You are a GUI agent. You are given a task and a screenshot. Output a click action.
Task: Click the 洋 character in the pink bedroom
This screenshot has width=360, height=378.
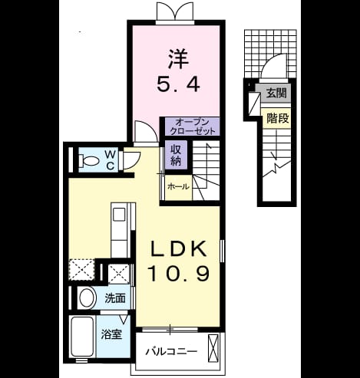click(178, 58)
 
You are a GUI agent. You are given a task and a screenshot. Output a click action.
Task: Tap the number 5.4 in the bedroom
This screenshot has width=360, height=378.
click(178, 84)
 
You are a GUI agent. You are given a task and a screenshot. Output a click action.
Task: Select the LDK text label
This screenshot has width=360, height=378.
click(179, 248)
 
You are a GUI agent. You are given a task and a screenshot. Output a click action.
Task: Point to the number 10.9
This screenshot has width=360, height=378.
click(179, 273)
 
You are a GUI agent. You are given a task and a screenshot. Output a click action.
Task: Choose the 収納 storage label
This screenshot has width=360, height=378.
click(176, 155)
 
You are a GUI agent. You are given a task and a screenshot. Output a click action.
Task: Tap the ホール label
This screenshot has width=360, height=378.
click(178, 187)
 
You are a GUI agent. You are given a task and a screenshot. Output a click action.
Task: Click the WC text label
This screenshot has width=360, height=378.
click(110, 160)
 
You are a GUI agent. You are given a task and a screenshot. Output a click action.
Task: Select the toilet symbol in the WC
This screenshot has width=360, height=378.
click(89, 161)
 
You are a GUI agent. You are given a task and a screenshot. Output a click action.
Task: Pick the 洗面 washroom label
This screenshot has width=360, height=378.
click(115, 298)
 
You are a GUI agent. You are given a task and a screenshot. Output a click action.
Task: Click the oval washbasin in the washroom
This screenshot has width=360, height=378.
click(87, 298)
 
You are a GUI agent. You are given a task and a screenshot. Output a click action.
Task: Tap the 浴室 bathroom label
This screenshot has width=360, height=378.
click(111, 334)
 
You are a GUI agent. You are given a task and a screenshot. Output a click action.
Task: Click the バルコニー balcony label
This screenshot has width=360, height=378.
click(171, 352)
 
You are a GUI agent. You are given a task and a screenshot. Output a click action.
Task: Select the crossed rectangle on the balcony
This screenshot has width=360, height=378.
click(214, 347)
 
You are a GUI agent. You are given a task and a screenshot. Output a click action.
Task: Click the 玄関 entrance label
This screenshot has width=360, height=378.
click(276, 94)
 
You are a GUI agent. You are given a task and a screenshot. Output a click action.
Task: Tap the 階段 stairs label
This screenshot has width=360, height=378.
click(278, 118)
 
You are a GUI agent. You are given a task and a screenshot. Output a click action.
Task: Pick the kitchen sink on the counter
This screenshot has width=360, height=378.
click(119, 215)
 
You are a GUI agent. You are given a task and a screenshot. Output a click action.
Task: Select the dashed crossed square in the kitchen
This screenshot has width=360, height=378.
click(81, 270)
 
